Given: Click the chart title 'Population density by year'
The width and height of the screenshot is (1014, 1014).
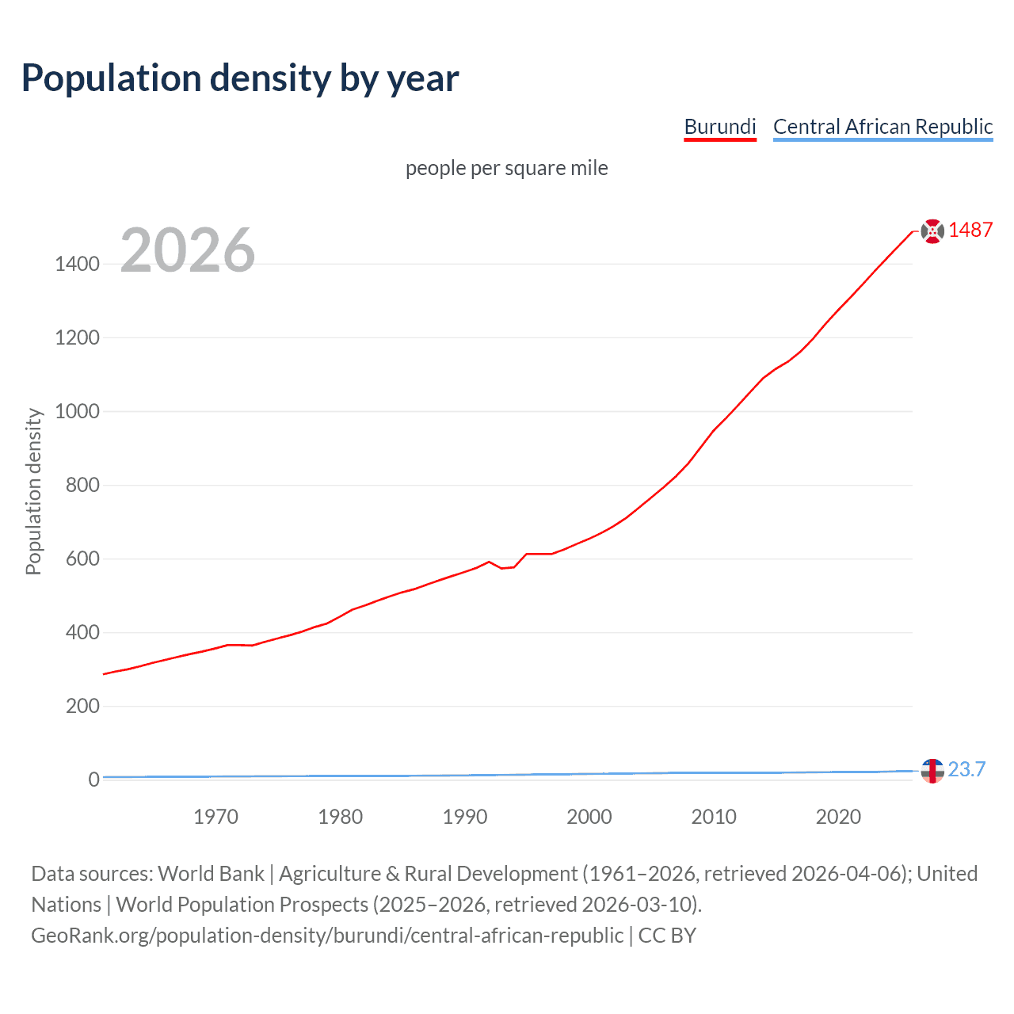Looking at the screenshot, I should pos(240,78).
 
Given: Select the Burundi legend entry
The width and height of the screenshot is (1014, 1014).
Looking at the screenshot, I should pos(719,127).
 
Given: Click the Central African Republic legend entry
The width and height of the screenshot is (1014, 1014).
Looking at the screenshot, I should pos(882,127).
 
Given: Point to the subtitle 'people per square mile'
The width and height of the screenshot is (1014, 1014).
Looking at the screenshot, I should pos(506,168).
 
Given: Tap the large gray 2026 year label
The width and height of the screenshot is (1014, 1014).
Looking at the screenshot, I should pos(188,250).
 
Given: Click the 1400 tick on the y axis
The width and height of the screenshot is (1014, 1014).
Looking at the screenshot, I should pos(77,264).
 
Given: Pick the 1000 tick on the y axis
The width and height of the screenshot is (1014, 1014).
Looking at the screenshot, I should pos(77,411).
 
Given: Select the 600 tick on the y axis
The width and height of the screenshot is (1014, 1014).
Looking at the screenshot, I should pos(82,558).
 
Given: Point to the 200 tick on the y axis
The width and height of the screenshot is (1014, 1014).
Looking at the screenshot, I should pos(82,706).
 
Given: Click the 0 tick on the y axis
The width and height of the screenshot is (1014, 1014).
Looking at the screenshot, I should pos(93,780).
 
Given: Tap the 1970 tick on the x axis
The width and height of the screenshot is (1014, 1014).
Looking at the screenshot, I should pos(215,817).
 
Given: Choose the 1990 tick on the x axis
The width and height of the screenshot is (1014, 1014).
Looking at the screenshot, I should pos(464,817).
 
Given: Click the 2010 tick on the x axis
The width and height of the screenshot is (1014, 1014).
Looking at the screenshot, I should pos(713,817).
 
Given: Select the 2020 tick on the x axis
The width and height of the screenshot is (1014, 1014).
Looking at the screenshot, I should pos(837,817).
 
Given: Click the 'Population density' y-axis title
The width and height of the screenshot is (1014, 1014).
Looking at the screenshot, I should pos(33,491).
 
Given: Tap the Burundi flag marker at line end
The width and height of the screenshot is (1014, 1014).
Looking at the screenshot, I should pos(932,231).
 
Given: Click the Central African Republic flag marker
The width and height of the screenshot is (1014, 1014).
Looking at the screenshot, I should pos(932,770).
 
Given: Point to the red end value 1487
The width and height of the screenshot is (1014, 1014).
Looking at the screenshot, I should pos(970,230).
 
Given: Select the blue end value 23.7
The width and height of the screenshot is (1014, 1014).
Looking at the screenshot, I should pos(966,769).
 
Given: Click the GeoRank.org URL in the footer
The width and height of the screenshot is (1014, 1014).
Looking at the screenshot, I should pos(327,936).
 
